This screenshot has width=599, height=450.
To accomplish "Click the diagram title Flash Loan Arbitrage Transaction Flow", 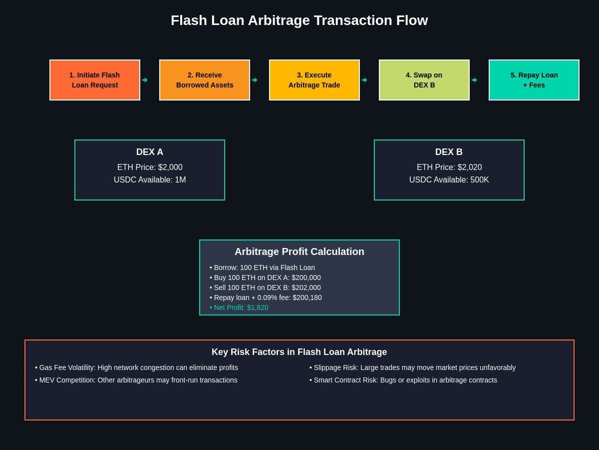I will click(x=299, y=20).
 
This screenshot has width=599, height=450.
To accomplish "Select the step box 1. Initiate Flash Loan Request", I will click(x=95, y=80).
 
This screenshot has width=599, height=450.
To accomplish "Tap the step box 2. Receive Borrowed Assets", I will click(x=205, y=80).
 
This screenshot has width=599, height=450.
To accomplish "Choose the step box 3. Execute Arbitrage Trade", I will click(x=314, y=80).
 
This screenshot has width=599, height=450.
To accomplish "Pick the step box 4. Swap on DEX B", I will click(x=424, y=80).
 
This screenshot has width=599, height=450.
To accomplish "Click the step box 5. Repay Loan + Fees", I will click(x=534, y=80).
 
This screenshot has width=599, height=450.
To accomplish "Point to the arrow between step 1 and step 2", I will click(x=145, y=80).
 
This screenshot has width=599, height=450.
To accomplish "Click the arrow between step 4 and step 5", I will click(x=474, y=80).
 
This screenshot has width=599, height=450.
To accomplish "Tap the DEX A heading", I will click(x=150, y=152).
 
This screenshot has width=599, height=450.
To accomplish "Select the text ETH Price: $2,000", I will click(x=150, y=167).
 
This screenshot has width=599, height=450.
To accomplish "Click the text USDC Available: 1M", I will click(x=150, y=180).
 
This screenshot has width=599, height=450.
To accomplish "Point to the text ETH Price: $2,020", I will click(x=449, y=167).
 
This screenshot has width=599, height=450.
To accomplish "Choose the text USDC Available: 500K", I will click(x=449, y=180).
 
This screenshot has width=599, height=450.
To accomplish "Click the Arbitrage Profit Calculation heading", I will click(x=299, y=252).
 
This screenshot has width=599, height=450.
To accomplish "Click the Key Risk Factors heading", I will click(x=299, y=352).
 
